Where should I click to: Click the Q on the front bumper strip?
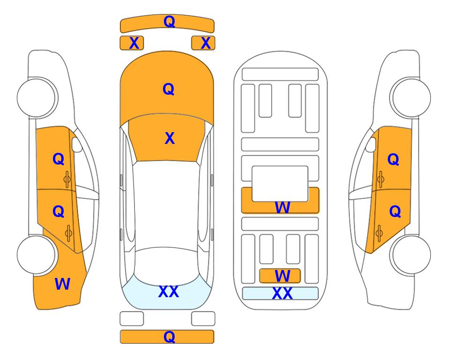pos(169,21)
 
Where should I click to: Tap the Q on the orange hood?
pos(169,89)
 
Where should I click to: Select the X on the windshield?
pos(170,138)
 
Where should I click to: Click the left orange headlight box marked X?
pos(132,43)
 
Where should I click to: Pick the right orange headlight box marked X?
pos(203,43)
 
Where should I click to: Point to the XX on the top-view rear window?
pos(169,292)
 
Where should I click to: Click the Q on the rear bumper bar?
pos(169,337)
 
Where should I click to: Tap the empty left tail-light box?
pos(132,319)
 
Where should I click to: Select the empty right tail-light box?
pos(203,319)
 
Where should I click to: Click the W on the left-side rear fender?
pos(62,284)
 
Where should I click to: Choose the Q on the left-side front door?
pos(59,159)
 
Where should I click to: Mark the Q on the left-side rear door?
pos(59,212)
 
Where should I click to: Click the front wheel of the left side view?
pos(37,97)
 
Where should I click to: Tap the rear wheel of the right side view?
pos(411,255)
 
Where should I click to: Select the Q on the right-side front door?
pos(393,159)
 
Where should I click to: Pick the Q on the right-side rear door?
pos(395,212)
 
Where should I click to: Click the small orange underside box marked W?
pos(280,276)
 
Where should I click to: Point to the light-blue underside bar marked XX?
pos(281,293)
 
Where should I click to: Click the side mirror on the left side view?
pos(76,144)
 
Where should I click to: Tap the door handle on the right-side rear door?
pos(379,233)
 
